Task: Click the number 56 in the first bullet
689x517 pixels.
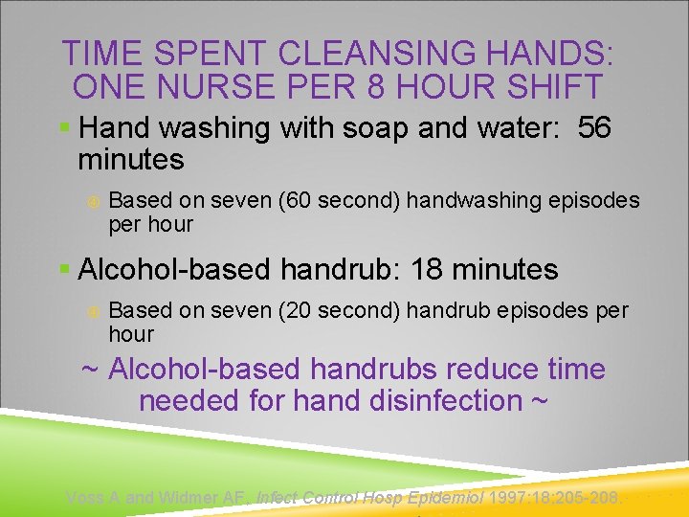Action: pyautogui.click(x=594, y=127)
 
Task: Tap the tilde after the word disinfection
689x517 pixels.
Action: pyautogui.click(x=540, y=400)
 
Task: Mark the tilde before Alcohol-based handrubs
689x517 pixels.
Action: pyautogui.click(x=90, y=369)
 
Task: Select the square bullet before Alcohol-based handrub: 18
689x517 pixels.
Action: pyautogui.click(x=64, y=270)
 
